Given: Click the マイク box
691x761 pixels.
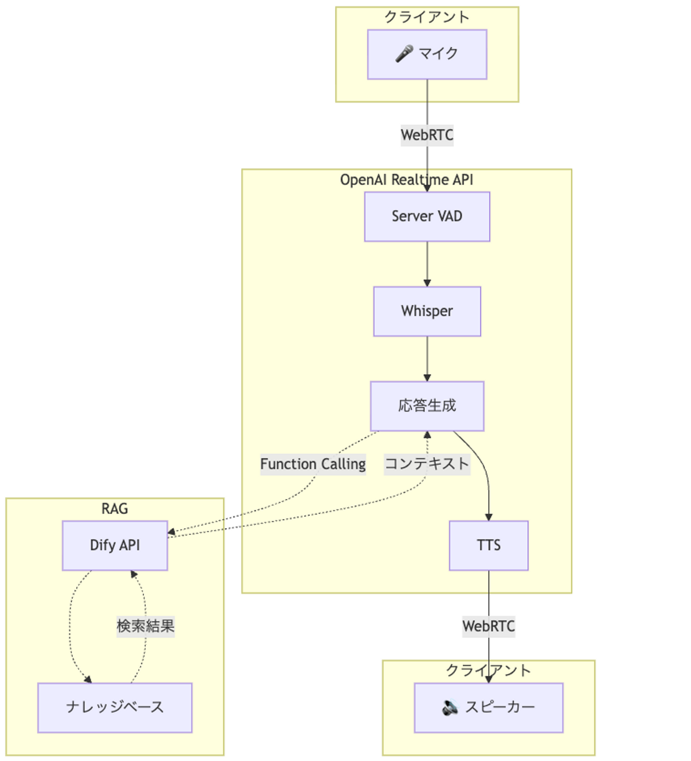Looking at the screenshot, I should point(427,54).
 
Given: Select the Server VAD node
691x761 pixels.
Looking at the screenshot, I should point(427,216).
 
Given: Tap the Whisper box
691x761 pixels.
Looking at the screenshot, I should point(427,311).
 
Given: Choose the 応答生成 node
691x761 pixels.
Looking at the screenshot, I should point(427,406).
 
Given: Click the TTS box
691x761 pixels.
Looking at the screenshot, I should point(488,546).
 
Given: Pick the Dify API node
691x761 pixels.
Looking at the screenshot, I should point(115,546).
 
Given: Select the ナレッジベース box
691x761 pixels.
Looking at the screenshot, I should point(115,708).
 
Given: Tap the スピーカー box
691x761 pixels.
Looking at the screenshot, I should point(488,708).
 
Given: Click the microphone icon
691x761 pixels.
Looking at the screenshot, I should point(404,54).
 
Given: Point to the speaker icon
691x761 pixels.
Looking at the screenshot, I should point(450,708).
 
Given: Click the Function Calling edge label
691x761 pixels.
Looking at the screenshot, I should point(313,464).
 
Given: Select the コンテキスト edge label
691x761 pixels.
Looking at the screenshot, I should point(427,464).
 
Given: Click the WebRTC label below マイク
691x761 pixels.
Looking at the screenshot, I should point(427,135).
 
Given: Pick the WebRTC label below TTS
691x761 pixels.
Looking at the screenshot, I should point(488,627).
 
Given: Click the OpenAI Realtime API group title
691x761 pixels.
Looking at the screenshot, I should point(406,180).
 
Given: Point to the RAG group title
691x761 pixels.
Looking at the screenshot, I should point(115,509).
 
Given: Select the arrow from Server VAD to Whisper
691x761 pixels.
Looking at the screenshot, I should point(427,264).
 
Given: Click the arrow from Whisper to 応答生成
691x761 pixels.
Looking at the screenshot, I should point(427,359).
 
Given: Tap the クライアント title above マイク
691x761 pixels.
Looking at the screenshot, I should point(427,17).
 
